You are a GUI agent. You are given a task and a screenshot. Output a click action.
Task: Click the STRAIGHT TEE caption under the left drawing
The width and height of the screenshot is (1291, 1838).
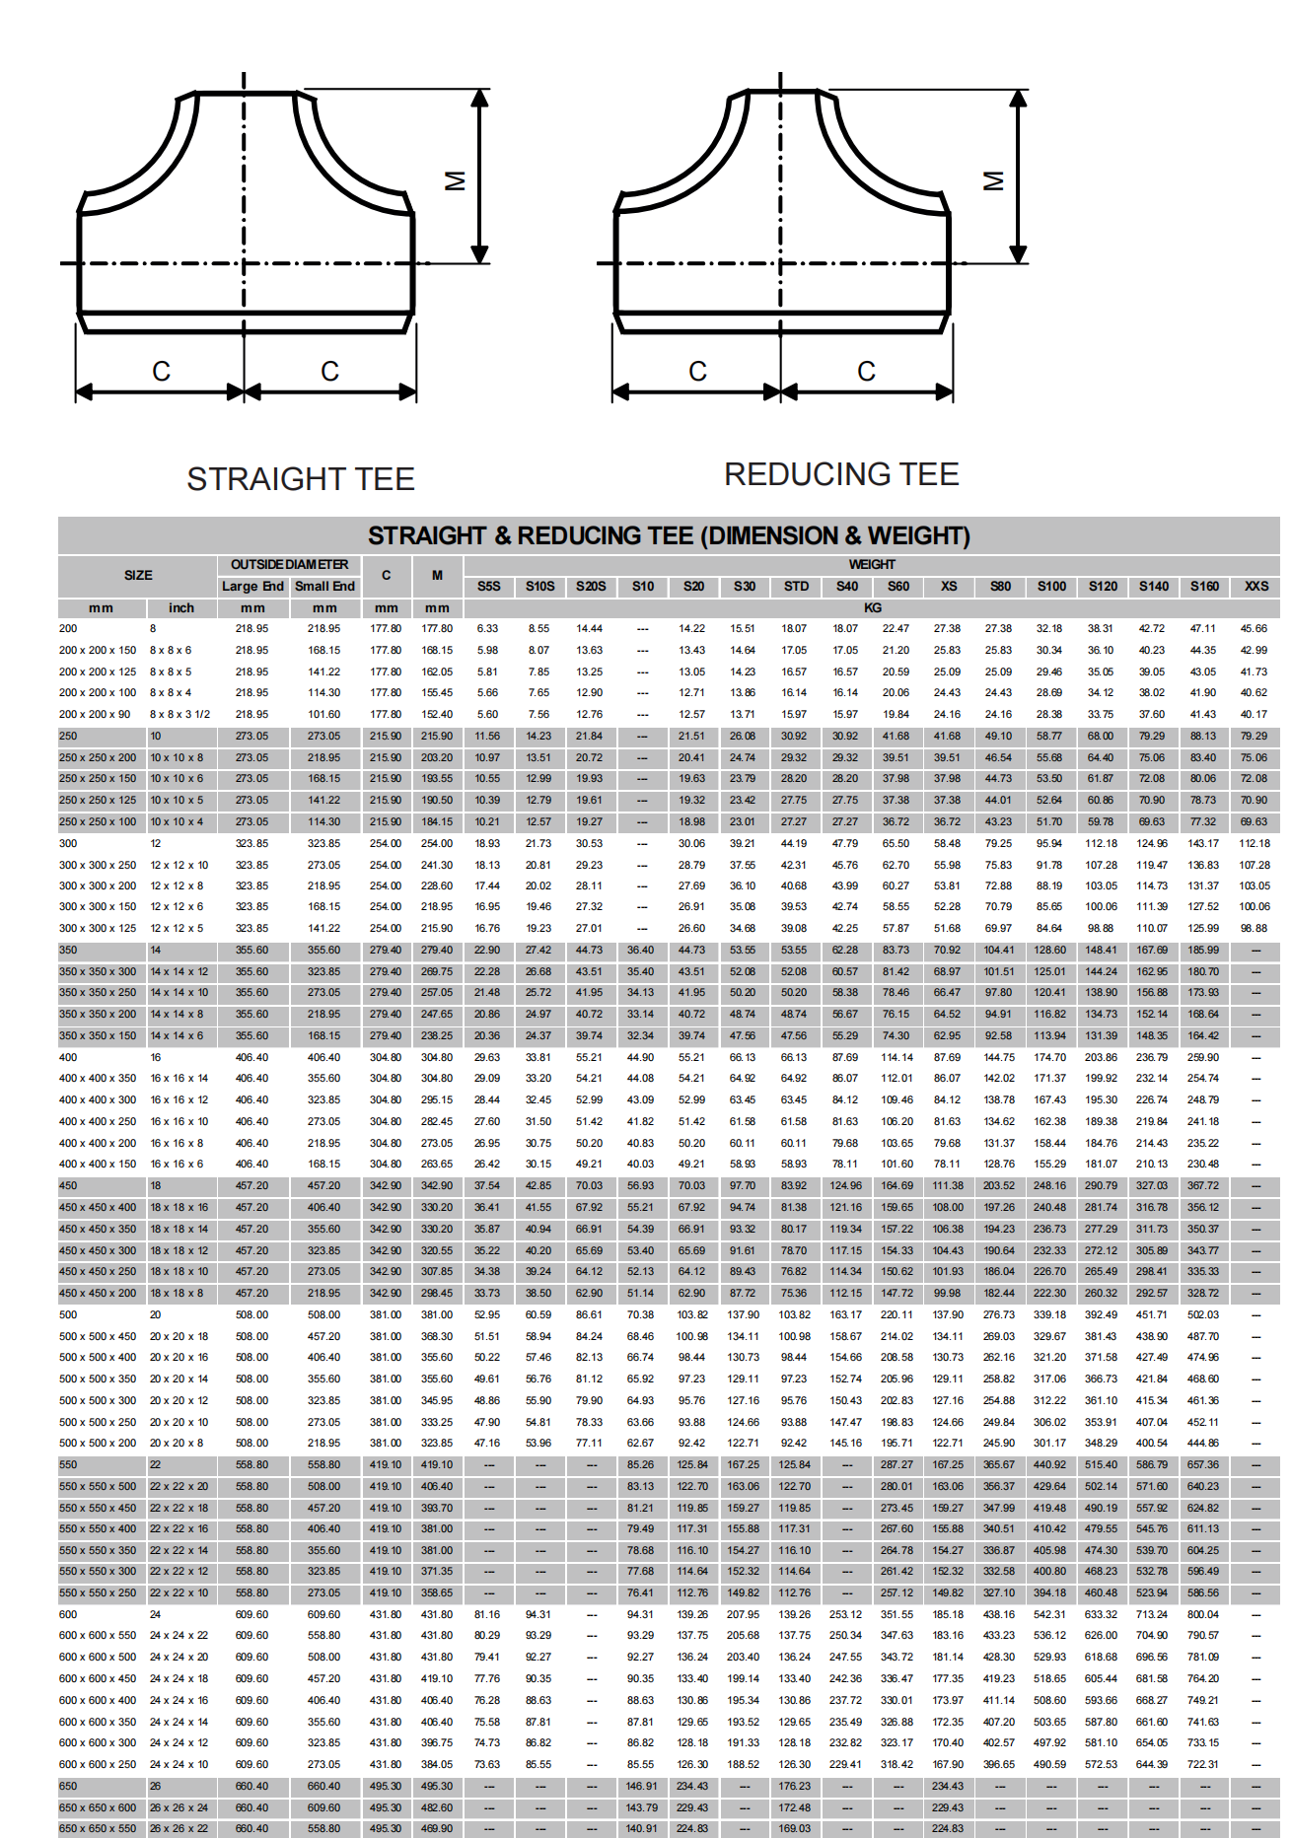tap(301, 479)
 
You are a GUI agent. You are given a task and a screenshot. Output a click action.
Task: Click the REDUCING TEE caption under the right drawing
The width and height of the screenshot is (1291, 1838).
tap(841, 474)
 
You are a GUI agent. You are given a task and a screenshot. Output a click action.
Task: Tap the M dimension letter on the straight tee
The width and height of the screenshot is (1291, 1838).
tap(455, 180)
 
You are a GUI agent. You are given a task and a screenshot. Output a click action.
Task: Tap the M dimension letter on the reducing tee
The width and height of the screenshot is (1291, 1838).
tap(993, 180)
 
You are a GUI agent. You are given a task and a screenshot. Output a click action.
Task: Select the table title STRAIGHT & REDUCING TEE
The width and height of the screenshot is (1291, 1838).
tap(669, 535)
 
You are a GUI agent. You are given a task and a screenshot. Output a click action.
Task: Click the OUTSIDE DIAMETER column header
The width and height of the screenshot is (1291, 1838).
tap(289, 565)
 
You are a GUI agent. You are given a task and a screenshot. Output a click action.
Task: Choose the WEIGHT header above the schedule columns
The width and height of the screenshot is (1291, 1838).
tap(872, 565)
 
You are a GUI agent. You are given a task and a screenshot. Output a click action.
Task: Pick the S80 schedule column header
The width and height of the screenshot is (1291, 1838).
tap(1000, 587)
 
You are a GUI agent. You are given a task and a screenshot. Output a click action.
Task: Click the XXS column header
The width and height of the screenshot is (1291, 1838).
tap(1255, 587)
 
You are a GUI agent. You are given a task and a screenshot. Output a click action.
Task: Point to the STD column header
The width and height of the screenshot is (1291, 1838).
tap(796, 587)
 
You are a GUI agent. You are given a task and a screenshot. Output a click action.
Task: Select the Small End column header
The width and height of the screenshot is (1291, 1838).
tap(324, 587)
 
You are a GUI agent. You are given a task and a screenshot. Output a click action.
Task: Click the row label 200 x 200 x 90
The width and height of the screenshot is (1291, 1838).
tap(95, 714)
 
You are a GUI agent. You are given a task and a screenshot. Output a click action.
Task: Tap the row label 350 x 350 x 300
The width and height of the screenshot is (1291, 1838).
tap(98, 971)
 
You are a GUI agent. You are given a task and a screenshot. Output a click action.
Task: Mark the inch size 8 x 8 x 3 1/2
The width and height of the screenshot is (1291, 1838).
tap(179, 714)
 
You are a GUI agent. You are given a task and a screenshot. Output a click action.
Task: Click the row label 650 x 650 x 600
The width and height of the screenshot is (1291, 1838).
tap(98, 1807)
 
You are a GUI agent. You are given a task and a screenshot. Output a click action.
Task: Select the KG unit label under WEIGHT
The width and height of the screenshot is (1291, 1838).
tap(872, 608)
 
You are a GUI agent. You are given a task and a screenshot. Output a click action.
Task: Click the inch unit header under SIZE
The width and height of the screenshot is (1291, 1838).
tap(181, 608)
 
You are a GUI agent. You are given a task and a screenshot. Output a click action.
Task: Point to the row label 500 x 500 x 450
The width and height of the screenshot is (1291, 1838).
tap(98, 1336)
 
